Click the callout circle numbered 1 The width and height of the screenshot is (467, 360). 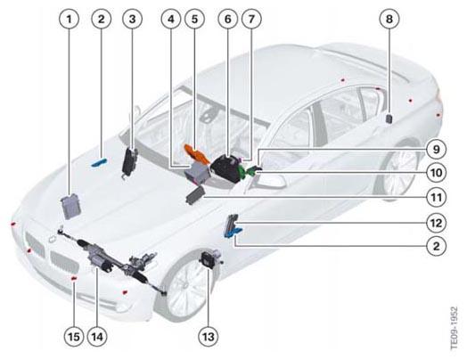pyautogui.click(x=70, y=20)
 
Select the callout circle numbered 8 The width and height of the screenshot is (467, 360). pyautogui.click(x=389, y=20)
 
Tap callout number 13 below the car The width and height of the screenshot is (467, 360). pyautogui.click(x=209, y=337)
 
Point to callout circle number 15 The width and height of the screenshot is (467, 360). pyautogui.click(x=74, y=337)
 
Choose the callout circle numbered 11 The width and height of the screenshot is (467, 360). pyautogui.click(x=437, y=197)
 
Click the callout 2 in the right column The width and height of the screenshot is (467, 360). pyautogui.click(x=437, y=246)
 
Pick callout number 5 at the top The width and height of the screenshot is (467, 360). pyautogui.click(x=195, y=20)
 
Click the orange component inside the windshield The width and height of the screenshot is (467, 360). pyautogui.click(x=194, y=152)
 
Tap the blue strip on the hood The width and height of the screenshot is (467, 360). pyautogui.click(x=99, y=162)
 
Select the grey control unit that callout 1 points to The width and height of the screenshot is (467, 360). pyautogui.click(x=70, y=206)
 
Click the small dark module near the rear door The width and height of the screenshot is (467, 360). pyautogui.click(x=389, y=119)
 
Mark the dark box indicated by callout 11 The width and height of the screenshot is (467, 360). pyautogui.click(x=195, y=194)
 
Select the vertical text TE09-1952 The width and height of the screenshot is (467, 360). pyautogui.click(x=454, y=328)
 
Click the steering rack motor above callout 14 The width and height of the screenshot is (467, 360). pyautogui.click(x=100, y=258)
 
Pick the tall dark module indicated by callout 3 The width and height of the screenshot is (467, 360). pyautogui.click(x=129, y=160)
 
